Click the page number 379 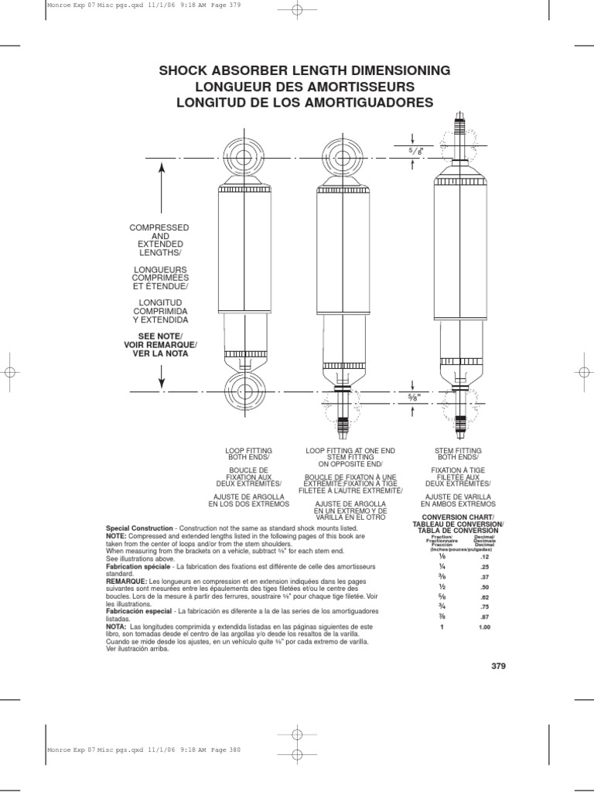(x=497, y=665)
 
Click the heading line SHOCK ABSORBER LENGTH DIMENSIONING (x=304, y=71)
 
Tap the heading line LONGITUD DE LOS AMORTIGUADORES (x=304, y=103)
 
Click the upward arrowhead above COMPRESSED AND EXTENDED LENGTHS (x=162, y=166)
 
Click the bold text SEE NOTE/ (x=161, y=335)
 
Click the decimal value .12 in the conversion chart (x=485, y=557)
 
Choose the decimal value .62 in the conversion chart (x=485, y=598)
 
